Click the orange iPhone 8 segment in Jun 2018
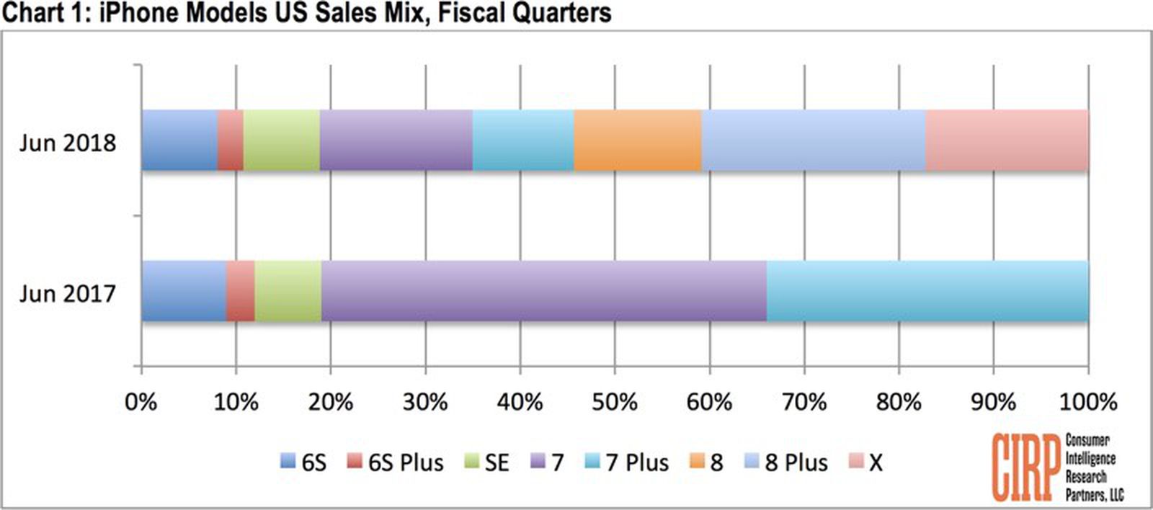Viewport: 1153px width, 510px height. pyautogui.click(x=637, y=140)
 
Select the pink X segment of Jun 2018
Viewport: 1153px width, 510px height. pyautogui.click(x=1007, y=140)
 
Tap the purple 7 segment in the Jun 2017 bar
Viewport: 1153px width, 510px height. pyautogui.click(x=544, y=291)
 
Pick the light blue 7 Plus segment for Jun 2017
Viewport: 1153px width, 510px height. pyautogui.click(x=927, y=291)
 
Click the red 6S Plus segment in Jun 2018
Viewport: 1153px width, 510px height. pyautogui.click(x=231, y=140)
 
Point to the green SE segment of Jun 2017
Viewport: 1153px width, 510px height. pyautogui.click(x=288, y=291)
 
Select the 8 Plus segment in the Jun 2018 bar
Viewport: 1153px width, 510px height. pyautogui.click(x=813, y=140)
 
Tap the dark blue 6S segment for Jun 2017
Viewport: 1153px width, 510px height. pyautogui.click(x=184, y=291)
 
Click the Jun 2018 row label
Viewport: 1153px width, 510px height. pyautogui.click(x=67, y=143)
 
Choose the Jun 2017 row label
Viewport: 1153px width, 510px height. pyautogui.click(x=67, y=294)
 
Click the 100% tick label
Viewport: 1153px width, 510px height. pyautogui.click(x=1087, y=401)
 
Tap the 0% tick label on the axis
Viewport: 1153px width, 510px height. pyautogui.click(x=141, y=401)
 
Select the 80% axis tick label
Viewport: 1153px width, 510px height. pyautogui.click(x=899, y=401)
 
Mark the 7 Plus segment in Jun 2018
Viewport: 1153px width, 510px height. pyautogui.click(x=522, y=140)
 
